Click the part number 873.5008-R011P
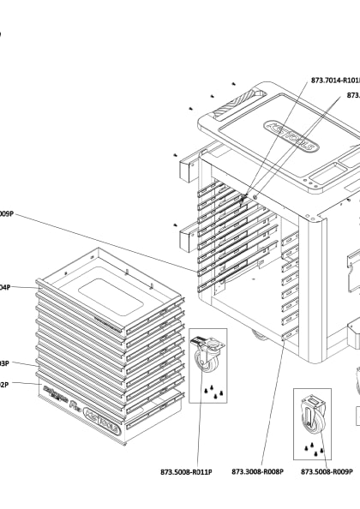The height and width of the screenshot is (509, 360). (x=197, y=470)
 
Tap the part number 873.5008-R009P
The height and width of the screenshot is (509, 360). (x=327, y=470)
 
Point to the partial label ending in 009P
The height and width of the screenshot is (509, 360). (x=6, y=213)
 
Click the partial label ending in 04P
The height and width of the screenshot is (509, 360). (x=5, y=288)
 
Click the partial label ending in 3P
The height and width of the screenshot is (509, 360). (x=4, y=363)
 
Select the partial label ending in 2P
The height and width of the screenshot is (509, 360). (x=4, y=385)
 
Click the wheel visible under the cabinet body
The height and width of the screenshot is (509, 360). (x=258, y=334)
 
